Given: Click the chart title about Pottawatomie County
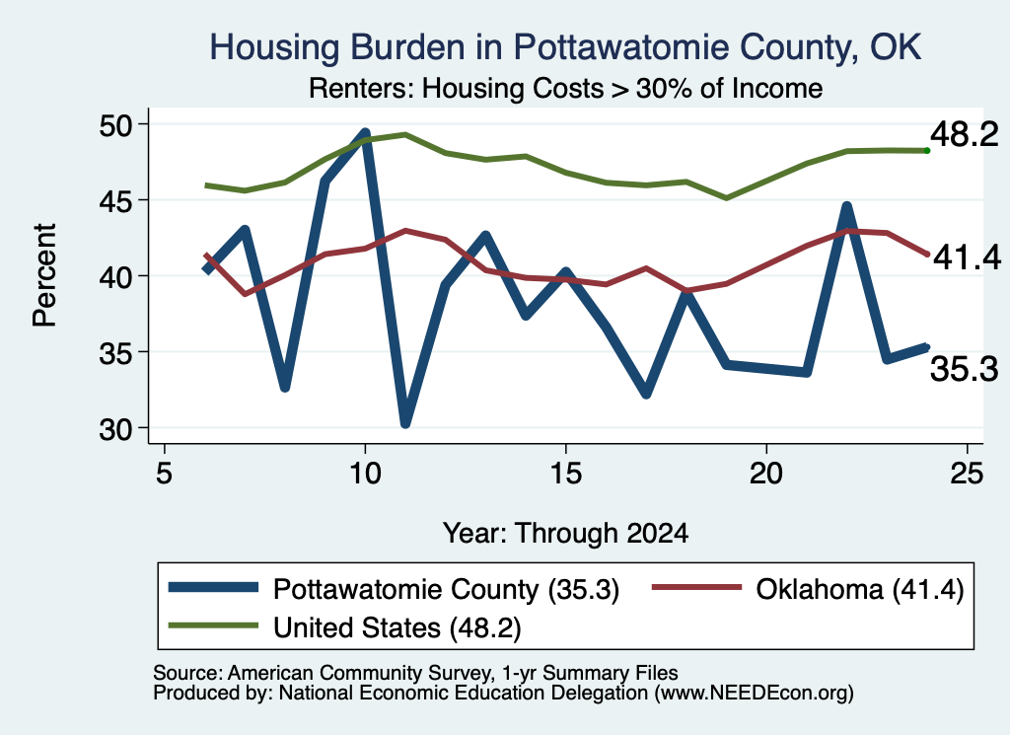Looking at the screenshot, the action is pos(565,47).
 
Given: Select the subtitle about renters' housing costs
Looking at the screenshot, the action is pos(565,88).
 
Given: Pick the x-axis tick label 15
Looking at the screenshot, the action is pos(565,475).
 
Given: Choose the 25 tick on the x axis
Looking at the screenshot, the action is pos(967,475).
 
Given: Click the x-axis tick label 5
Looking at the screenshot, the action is pos(165,475).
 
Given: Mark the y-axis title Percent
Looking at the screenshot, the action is pos(45,275).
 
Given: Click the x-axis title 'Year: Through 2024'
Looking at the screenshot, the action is pos(565,534).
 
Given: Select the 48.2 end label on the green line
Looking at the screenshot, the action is pos(965,134).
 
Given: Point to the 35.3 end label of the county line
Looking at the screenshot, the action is pos(965,370).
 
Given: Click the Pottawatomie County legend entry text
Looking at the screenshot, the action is pos(446,589).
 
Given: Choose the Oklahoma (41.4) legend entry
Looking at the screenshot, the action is pos(860,589).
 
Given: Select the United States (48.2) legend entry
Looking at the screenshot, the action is pos(397,628).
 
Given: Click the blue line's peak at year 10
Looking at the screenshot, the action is pos(365,134).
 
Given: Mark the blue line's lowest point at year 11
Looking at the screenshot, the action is pos(405,422).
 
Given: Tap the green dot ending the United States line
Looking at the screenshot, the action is pos(927,151).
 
